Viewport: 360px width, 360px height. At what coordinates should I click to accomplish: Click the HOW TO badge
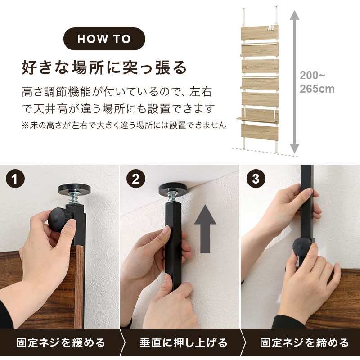tap(104, 39)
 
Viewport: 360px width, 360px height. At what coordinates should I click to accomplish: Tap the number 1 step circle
tap(15, 179)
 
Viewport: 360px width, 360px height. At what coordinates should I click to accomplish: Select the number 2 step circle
tap(136, 179)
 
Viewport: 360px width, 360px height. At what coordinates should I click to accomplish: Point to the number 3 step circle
tap(256, 179)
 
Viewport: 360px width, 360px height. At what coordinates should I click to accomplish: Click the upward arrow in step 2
tap(205, 229)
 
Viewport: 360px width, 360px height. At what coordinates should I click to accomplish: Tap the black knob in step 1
tap(58, 219)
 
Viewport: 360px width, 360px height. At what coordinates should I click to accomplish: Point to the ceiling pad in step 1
tap(74, 189)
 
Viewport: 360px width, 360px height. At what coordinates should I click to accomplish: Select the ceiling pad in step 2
tap(173, 188)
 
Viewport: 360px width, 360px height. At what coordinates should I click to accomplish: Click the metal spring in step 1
tap(73, 198)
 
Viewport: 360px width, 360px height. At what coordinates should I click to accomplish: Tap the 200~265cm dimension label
tap(317, 82)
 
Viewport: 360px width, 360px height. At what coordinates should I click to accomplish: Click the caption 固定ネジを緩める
tap(61, 343)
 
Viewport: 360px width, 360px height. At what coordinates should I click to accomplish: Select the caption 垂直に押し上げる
tap(184, 343)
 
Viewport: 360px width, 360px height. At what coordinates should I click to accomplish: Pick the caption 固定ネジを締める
tap(305, 343)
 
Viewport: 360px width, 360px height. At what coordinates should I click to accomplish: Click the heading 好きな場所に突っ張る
tap(104, 67)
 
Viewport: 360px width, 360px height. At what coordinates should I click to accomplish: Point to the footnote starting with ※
tap(124, 126)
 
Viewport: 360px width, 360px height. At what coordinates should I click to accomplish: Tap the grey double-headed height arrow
tap(294, 82)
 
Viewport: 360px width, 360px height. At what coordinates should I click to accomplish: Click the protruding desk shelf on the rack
tap(257, 119)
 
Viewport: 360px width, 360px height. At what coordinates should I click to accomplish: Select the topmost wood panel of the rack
tap(260, 33)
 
